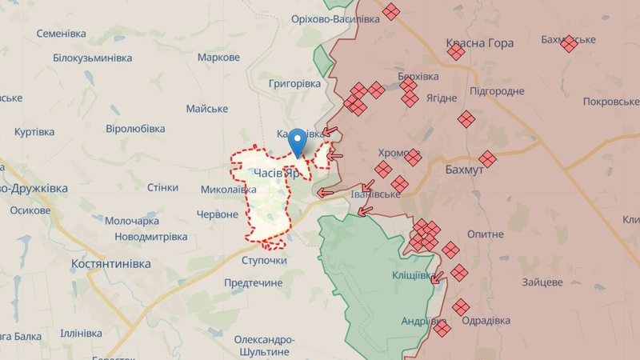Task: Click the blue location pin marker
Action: point(298,140)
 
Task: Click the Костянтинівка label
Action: point(110,263)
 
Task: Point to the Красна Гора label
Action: point(479,43)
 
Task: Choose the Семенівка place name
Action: point(72,34)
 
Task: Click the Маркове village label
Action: point(218,58)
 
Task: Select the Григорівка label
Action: point(294,83)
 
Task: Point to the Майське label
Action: point(206,108)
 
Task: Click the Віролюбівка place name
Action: point(135,128)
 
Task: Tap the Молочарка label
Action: point(132,221)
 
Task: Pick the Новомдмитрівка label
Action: point(150,237)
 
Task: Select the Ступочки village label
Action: point(263,261)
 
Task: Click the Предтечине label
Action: point(253,283)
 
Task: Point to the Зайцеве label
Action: point(542,282)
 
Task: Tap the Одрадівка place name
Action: point(486,321)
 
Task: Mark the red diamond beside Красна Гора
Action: point(456,52)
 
